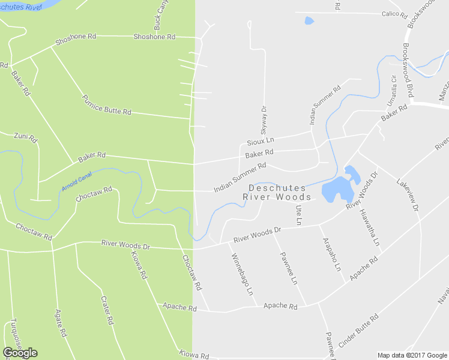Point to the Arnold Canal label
76,182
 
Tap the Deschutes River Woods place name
277,193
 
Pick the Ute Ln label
299,215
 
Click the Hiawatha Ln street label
370,227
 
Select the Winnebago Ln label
241,275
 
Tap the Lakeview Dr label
407,194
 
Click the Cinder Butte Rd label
358,331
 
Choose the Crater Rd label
107,310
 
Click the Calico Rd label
394,14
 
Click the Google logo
20,353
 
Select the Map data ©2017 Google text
411,355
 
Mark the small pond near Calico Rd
309,20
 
